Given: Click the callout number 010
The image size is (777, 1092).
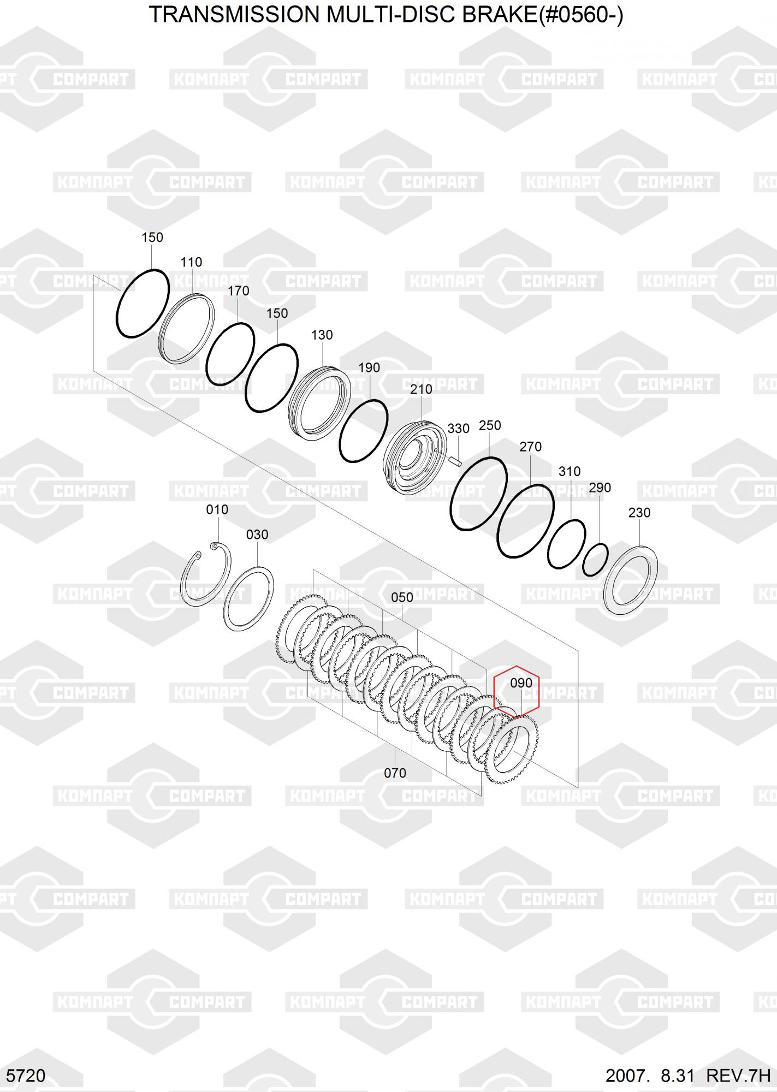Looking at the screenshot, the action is [217, 509].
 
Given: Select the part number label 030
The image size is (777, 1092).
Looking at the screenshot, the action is [257, 535].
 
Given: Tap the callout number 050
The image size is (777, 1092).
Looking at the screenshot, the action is [402, 597].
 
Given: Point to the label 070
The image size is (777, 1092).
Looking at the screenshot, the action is [395, 773].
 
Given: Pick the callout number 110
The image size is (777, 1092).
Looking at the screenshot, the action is [191, 262].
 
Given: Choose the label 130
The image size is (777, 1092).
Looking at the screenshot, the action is [322, 335].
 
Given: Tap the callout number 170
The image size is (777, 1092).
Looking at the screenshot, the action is [239, 291].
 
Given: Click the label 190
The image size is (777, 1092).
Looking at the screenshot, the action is [369, 367].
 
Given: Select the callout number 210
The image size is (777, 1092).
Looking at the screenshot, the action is [421, 389].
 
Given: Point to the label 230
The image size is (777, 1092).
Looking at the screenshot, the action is [639, 513].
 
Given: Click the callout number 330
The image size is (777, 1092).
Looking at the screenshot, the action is [458, 429].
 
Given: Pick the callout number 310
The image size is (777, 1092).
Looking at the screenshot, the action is [570, 471].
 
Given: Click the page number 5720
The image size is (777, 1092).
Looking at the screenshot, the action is [27, 1076].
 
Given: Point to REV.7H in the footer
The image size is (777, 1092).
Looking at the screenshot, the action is [738, 1076].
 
